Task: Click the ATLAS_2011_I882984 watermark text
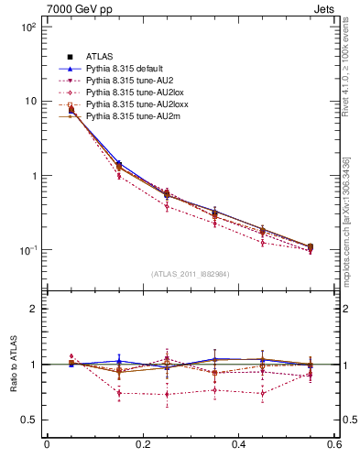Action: pyautogui.click(x=191, y=274)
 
